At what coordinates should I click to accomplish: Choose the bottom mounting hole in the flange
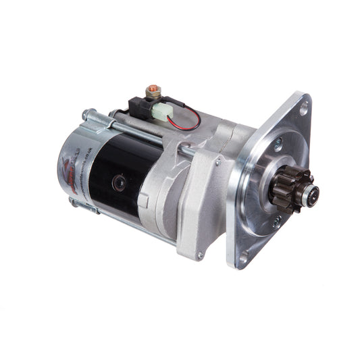coord(245,256)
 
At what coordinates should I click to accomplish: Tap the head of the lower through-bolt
coord(74,201)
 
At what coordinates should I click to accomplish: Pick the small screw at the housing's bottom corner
coord(199,254)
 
